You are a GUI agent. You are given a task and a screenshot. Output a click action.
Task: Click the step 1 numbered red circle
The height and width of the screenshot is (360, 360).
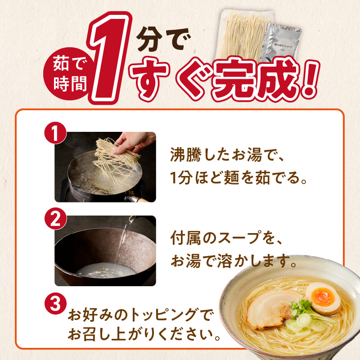pos(55,134)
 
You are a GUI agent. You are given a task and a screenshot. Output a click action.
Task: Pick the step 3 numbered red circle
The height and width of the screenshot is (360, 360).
pos(55,303)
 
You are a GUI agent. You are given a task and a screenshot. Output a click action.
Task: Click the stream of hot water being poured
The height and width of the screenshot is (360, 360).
pos(122,243)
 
